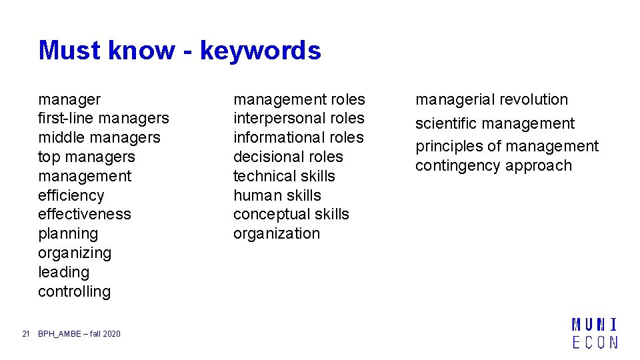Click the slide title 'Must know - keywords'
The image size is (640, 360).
pyautogui.click(x=179, y=50)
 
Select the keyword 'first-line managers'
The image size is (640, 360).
pyautogui.click(x=103, y=119)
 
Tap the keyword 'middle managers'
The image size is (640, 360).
pyautogui.click(x=99, y=138)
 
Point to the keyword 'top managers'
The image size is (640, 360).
pyautogui.click(x=86, y=157)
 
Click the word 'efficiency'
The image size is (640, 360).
pyautogui.click(x=71, y=195)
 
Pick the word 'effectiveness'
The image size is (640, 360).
pyautogui.click(x=85, y=215)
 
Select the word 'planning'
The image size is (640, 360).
pyautogui.click(x=68, y=234)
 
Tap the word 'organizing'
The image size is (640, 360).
pyautogui.click(x=75, y=253)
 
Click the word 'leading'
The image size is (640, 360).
pyautogui.click(x=63, y=273)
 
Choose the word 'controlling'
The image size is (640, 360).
pyautogui.click(x=74, y=292)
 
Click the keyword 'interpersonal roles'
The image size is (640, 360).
pyautogui.click(x=299, y=119)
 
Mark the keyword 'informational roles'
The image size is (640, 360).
pyautogui.click(x=298, y=138)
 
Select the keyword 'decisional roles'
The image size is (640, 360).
pyautogui.click(x=288, y=157)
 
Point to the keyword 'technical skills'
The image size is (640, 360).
pyautogui.click(x=284, y=177)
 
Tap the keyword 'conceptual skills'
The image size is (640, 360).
pyautogui.click(x=291, y=215)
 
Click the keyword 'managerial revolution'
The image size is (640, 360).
pyautogui.click(x=491, y=100)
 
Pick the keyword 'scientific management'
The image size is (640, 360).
pyautogui.click(x=495, y=124)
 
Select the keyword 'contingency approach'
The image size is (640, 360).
pyautogui.click(x=493, y=166)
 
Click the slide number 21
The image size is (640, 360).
pyautogui.click(x=26, y=334)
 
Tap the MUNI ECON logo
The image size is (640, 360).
pyautogui.click(x=595, y=333)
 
